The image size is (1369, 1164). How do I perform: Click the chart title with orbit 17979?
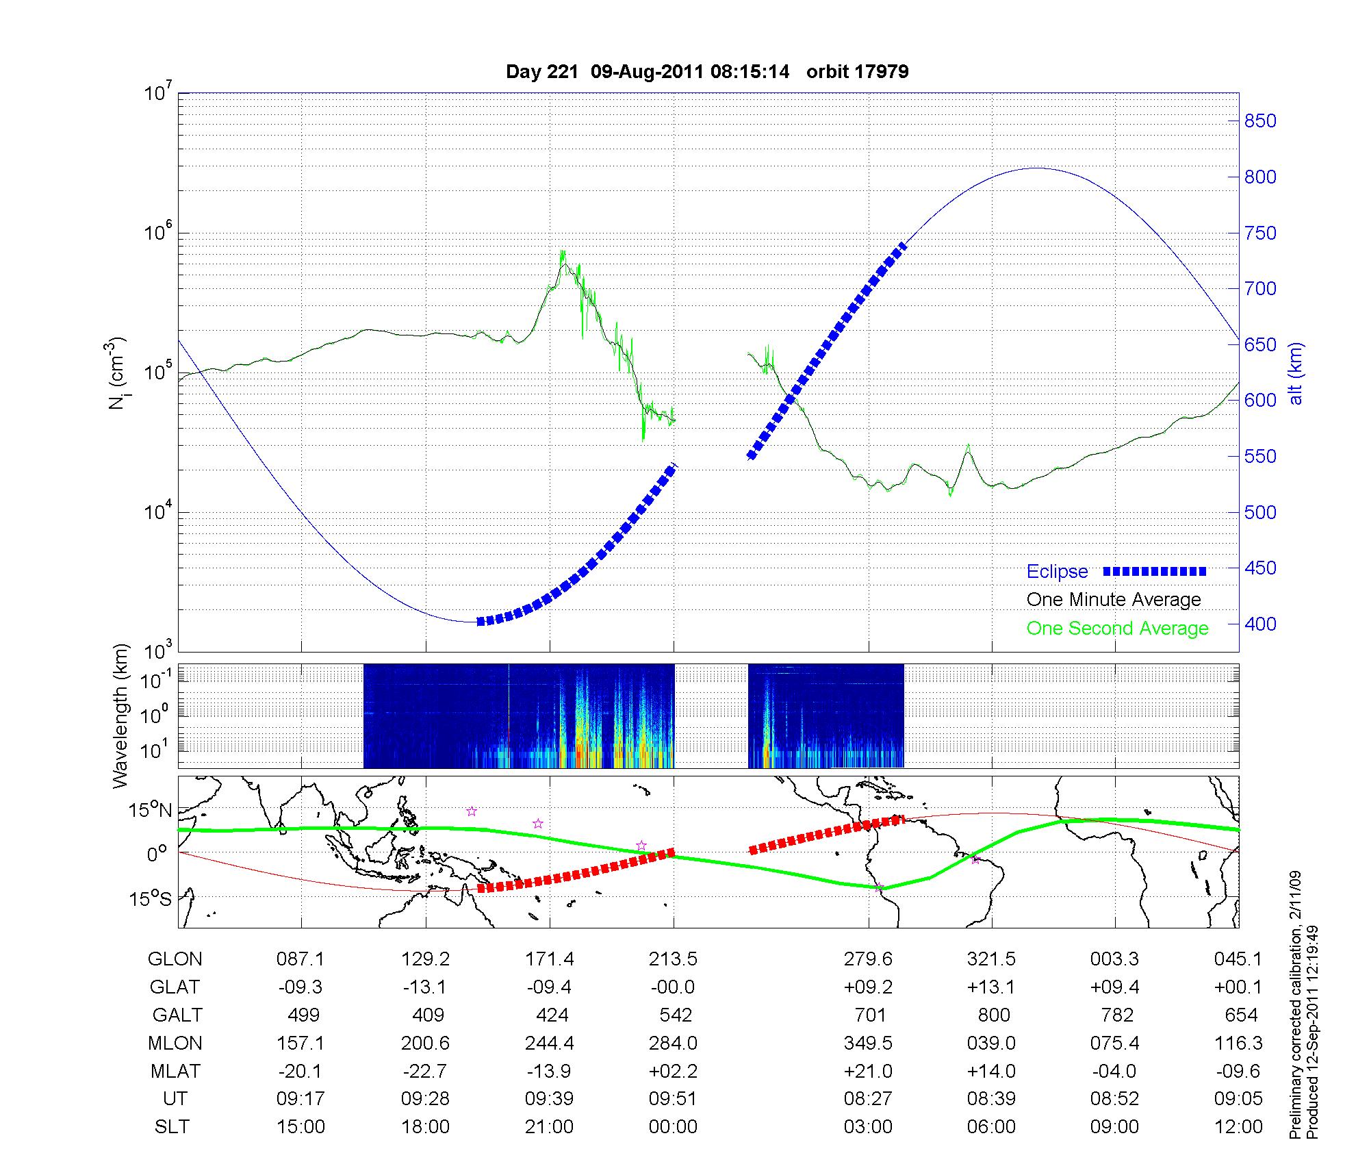coord(707,72)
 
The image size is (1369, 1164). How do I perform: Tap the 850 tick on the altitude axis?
coord(1260,121)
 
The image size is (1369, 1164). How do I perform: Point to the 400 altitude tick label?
coord(1260,624)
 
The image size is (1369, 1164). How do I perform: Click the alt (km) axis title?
coord(1296,373)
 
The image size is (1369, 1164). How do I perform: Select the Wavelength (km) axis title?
coord(121,716)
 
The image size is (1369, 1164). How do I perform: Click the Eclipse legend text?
coord(1057,572)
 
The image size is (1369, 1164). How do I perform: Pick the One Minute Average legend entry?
coord(1114,600)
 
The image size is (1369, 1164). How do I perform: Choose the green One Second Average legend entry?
coord(1117,629)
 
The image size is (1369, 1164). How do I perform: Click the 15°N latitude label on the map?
coord(150,811)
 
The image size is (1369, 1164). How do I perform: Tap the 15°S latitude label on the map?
coord(150,898)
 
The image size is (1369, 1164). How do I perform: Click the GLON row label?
coord(175,959)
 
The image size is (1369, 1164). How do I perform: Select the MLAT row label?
coord(175,1071)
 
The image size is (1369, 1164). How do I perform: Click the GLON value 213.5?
coord(673,959)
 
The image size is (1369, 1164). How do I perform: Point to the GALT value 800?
coord(993,1015)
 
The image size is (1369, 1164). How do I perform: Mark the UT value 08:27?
coord(868,1099)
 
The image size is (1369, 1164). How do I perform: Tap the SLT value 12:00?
coord(1238,1127)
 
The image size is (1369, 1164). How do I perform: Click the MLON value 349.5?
coord(868,1043)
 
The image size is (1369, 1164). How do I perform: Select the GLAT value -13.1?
coord(425,987)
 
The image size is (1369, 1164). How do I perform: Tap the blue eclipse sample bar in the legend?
coord(1155,572)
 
